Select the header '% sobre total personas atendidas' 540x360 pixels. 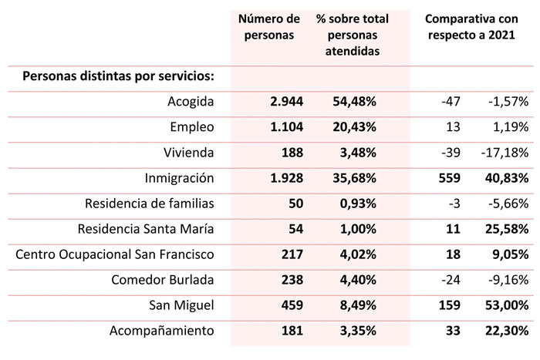(352, 34)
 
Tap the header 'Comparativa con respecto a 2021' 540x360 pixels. (471, 26)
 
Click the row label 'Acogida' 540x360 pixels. (190, 102)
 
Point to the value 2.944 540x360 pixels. (287, 102)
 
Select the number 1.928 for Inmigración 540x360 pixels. (287, 178)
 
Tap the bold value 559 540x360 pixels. (449, 178)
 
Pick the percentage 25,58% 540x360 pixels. (508, 229)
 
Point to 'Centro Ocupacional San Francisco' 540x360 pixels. (114, 254)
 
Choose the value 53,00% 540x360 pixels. (508, 305)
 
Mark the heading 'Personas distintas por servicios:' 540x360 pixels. (118, 76)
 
